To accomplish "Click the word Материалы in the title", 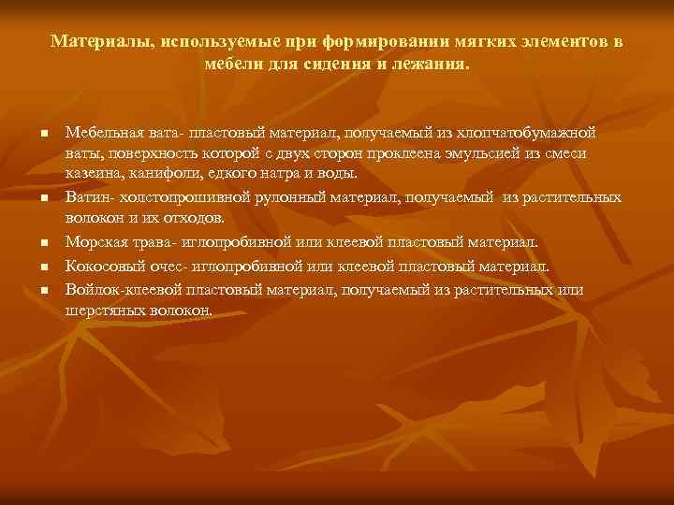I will [101, 43].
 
